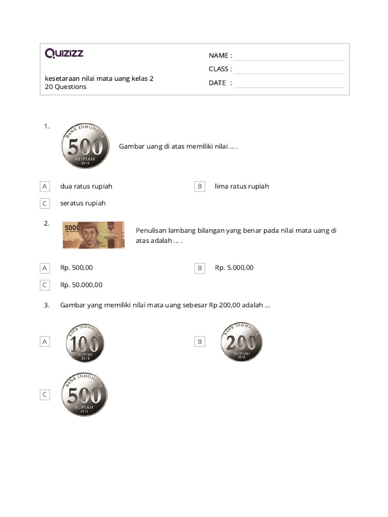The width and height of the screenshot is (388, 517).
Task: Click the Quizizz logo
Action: pos(64,53)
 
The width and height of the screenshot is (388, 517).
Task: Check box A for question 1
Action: pos(44,186)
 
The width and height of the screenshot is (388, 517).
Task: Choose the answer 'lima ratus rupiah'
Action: pos(241,186)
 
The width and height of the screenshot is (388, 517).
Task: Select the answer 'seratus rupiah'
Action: pos(83,203)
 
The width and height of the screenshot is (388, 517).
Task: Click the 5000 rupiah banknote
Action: pos(93,235)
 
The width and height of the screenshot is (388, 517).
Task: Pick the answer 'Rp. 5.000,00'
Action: pos(234,268)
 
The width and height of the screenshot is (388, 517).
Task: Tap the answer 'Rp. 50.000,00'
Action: pos(81,285)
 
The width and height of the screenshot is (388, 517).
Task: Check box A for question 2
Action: pos(44,268)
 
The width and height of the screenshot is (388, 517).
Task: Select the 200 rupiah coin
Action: pos(241,342)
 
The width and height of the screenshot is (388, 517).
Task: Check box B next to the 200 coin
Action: pos(200,342)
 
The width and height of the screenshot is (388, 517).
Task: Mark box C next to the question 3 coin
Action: pos(44,395)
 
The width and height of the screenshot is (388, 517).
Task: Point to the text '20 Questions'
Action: pos(66,87)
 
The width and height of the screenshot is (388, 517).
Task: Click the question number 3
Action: pos(46,305)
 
